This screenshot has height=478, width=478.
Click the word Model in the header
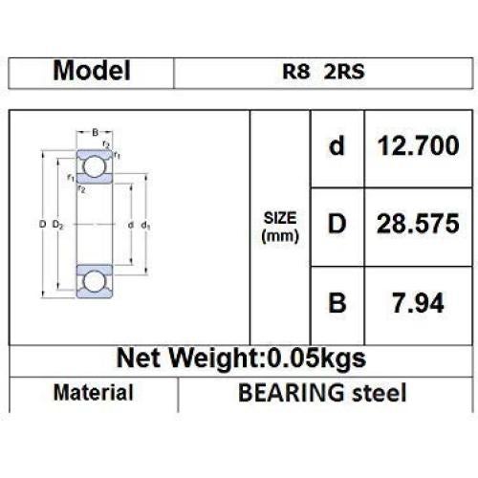click(92, 71)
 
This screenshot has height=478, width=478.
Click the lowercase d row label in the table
click(337, 148)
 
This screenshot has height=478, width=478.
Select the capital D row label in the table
click(337, 226)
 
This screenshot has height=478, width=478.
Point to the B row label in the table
click(337, 304)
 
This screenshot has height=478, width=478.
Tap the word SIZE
click(280, 217)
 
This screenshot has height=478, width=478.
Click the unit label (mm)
click(280, 234)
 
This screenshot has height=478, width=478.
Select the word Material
click(93, 392)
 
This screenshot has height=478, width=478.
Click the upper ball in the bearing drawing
click(94, 168)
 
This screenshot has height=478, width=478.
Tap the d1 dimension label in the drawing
click(144, 225)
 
